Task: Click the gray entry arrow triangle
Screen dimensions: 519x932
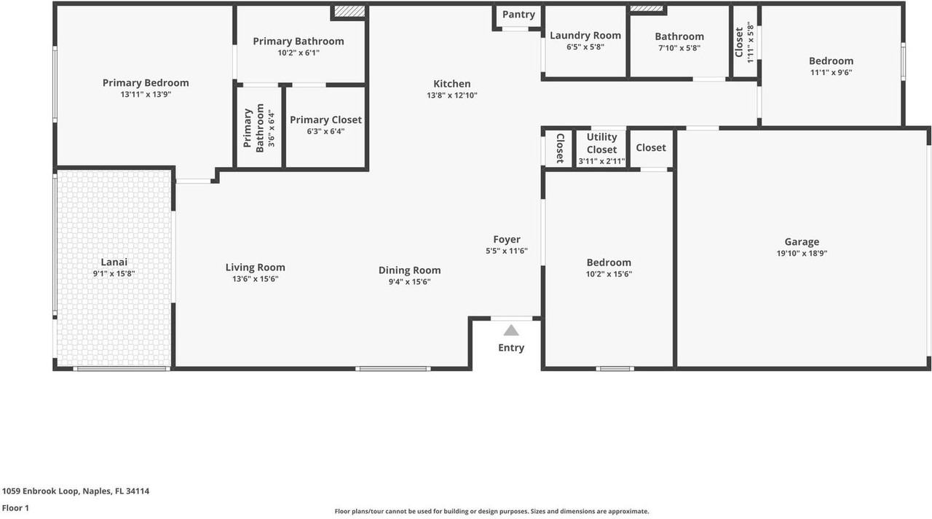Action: (x=511, y=330)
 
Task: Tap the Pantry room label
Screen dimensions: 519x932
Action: (x=518, y=15)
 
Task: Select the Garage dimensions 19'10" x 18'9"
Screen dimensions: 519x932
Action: (x=802, y=254)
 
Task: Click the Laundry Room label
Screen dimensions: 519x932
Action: (x=585, y=35)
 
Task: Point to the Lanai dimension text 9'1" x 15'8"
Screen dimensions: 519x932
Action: (x=114, y=274)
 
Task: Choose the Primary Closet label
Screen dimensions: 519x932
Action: (x=325, y=120)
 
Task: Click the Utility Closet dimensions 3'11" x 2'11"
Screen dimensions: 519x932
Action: (x=601, y=161)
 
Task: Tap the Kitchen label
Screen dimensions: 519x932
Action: (x=452, y=84)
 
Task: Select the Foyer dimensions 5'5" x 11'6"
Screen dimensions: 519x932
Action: (x=506, y=251)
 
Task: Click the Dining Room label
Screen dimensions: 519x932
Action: (x=409, y=270)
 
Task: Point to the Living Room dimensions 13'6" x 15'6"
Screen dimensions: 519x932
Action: (x=255, y=278)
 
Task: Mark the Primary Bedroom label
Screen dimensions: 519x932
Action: (x=146, y=82)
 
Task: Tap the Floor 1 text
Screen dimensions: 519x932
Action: (x=15, y=508)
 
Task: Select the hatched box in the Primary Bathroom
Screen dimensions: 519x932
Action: (x=349, y=12)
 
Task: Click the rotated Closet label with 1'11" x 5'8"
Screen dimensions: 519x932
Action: (x=740, y=42)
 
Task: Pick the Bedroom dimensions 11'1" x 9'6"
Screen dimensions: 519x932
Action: (x=831, y=72)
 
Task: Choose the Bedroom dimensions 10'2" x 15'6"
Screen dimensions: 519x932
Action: (x=609, y=274)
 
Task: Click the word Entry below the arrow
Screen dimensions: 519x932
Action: (x=511, y=348)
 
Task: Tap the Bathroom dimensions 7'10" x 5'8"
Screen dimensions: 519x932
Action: (x=679, y=48)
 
